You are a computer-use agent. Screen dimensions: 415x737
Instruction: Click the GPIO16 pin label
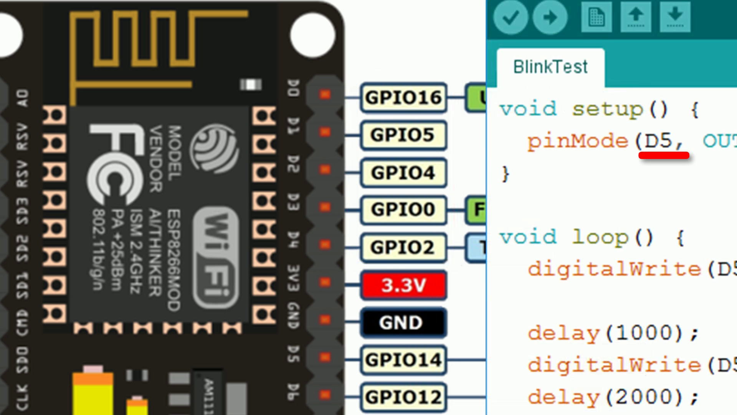403,98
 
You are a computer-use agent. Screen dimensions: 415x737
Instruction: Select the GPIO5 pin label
403,135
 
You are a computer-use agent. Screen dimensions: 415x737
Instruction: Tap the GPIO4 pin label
403,173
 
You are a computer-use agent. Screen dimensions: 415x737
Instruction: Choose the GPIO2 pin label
403,247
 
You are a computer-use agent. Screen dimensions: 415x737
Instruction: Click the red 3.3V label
403,285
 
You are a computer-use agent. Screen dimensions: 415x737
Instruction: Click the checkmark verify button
511,17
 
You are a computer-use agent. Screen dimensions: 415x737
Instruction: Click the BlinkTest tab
550,67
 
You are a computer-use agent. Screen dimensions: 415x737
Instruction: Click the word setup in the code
607,110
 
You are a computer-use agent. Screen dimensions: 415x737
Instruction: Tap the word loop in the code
600,237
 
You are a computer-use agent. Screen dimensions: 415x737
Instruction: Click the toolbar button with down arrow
675,17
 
